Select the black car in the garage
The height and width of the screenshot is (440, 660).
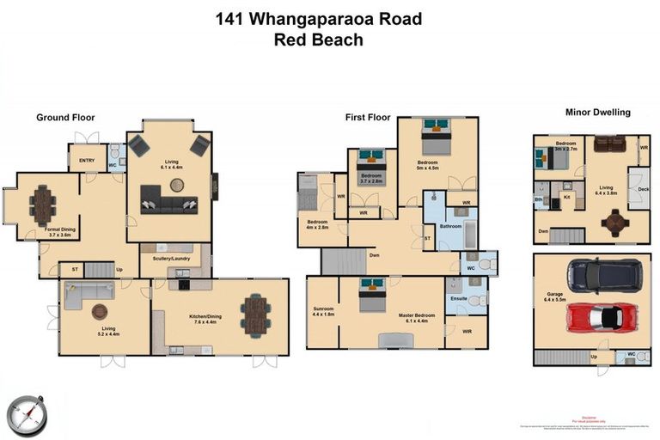[x=604, y=276]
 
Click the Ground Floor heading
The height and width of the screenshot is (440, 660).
[x=65, y=118]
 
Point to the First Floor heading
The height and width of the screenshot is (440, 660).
[x=368, y=118]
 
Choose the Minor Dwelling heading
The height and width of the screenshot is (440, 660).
[x=597, y=112]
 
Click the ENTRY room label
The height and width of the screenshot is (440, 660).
[x=87, y=160]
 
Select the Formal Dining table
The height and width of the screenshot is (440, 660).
[x=43, y=205]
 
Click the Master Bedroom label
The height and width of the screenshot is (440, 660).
[x=416, y=318]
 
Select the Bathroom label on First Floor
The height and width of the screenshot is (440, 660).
[x=450, y=227]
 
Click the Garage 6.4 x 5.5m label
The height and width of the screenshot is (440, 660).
[x=556, y=302]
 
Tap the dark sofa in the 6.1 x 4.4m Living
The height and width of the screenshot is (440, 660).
[x=168, y=205]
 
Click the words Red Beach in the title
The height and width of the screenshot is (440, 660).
[x=318, y=40]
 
